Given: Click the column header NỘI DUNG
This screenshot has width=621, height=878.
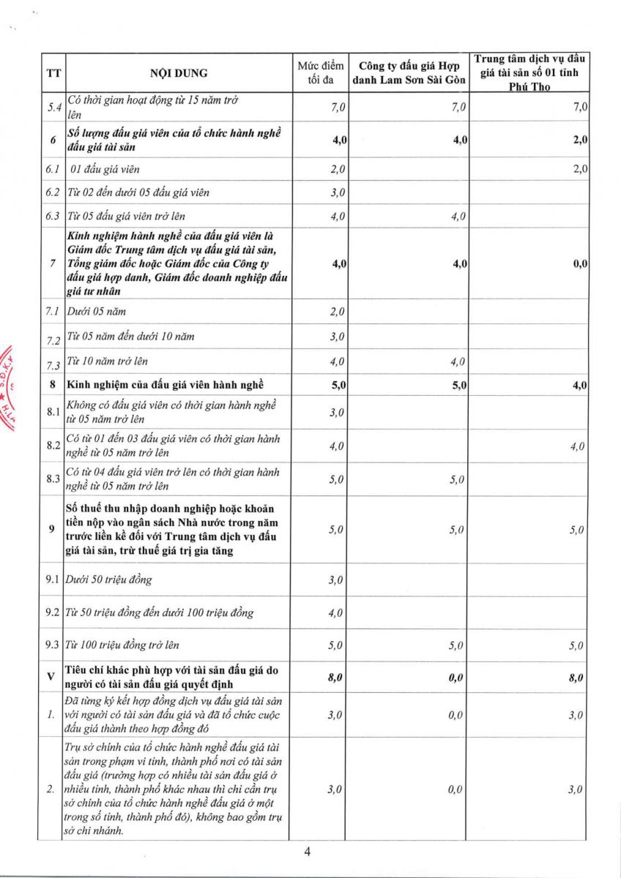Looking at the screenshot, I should point(179,73).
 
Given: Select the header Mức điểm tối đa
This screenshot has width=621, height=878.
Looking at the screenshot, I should point(319,73).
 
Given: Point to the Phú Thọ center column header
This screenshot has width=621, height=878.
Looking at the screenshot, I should point(531,72).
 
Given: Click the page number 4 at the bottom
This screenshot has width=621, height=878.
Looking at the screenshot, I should point(308,851).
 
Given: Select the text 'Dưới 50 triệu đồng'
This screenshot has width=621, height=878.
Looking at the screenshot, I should point(109,580).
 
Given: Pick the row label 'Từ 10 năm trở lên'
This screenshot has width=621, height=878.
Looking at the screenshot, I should point(111,361).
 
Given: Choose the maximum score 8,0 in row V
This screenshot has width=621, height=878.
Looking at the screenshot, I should point(335,678).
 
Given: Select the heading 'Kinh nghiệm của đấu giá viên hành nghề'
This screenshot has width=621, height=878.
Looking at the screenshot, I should point(165,385).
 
